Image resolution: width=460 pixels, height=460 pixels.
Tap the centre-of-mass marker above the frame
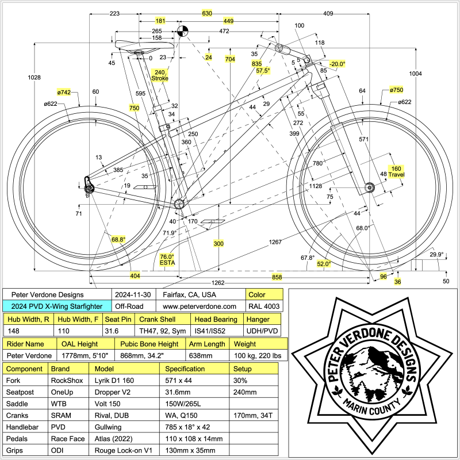[x=182, y=31]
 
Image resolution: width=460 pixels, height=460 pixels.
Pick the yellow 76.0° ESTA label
[x=167, y=260]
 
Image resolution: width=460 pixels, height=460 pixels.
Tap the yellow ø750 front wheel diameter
[x=396, y=90]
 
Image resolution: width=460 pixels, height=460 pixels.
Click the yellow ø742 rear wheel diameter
[x=64, y=92]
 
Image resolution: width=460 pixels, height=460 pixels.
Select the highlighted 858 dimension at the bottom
[x=277, y=277]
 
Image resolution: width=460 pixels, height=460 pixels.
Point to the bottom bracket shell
[x=179, y=204]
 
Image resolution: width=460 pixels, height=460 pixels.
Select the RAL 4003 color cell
[x=263, y=307]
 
